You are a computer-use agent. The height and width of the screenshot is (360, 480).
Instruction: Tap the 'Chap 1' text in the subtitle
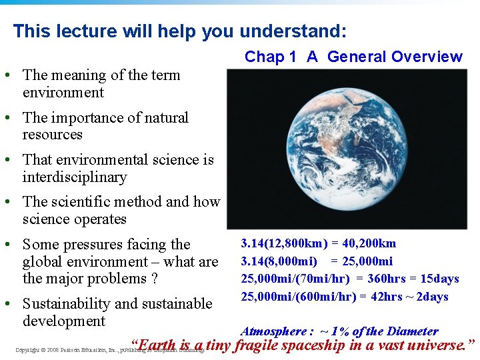270,57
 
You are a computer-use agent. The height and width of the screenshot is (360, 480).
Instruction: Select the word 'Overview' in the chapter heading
427,57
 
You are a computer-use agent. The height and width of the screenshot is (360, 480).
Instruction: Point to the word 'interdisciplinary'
74,177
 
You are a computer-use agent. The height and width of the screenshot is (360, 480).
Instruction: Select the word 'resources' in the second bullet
52,135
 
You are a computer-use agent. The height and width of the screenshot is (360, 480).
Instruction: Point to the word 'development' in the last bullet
63,321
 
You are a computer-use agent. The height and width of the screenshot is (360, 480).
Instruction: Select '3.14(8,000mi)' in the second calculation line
273,261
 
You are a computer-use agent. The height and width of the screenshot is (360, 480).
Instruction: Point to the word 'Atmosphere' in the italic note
273,331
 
